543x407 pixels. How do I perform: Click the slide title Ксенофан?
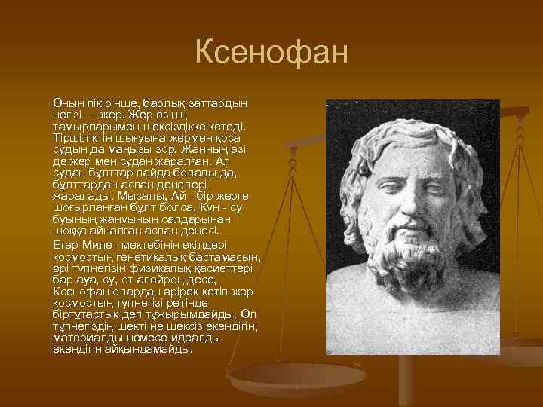(x=271, y=54)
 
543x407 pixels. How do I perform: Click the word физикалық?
(x=163, y=268)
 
